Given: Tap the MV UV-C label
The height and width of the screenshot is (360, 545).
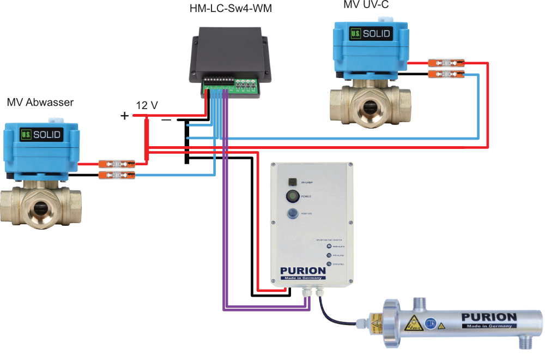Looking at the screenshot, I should [x=366, y=5].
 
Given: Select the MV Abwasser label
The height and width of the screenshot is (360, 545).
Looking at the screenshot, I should [x=40, y=102].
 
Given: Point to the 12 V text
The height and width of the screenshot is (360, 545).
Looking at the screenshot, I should [x=147, y=105].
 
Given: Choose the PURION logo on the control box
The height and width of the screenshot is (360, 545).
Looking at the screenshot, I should [x=303, y=271].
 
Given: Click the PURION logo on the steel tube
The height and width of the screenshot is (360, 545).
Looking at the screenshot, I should [x=488, y=317].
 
